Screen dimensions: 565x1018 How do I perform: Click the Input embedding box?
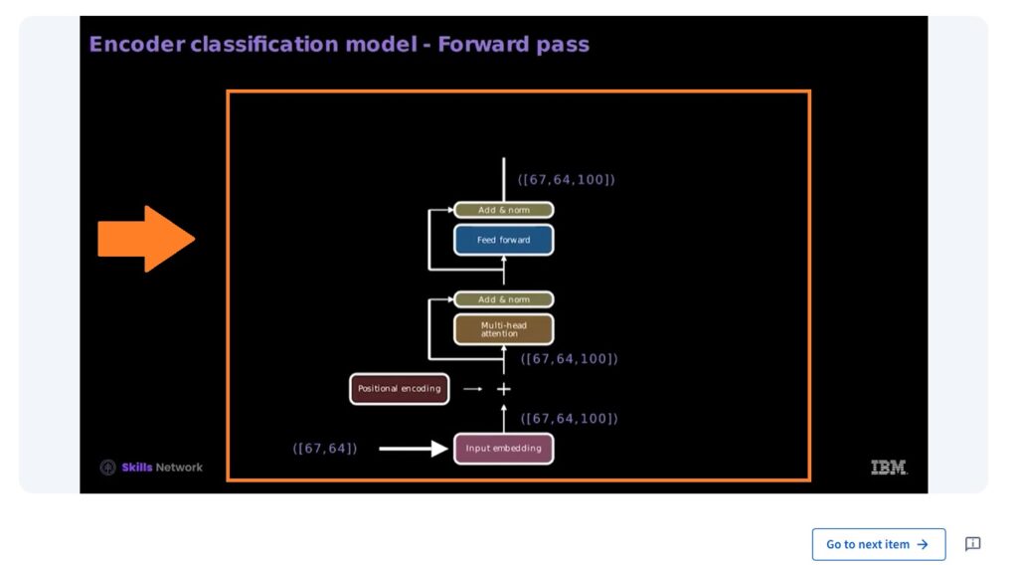[503, 449]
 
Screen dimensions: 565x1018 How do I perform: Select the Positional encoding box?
[399, 389]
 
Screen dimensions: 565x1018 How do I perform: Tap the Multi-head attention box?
[503, 329]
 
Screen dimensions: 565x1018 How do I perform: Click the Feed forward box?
[503, 240]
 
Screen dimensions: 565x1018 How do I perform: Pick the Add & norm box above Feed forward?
[503, 210]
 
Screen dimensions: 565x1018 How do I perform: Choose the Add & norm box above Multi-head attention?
[503, 299]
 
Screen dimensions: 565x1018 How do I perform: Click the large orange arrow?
[145, 239]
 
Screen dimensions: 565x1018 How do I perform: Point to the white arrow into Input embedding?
[414, 449]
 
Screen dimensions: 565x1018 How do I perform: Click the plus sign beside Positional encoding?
[503, 389]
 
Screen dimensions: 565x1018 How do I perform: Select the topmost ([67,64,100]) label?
[567, 180]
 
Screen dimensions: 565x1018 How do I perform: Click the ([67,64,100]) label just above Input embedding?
[570, 419]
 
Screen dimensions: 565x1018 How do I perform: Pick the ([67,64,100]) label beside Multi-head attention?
[570, 359]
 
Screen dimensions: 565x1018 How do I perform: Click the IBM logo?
[889, 468]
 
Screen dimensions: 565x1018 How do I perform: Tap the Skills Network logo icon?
[107, 468]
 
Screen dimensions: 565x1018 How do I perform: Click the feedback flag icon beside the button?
[972, 544]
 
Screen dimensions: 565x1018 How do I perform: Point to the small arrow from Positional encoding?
[472, 389]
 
